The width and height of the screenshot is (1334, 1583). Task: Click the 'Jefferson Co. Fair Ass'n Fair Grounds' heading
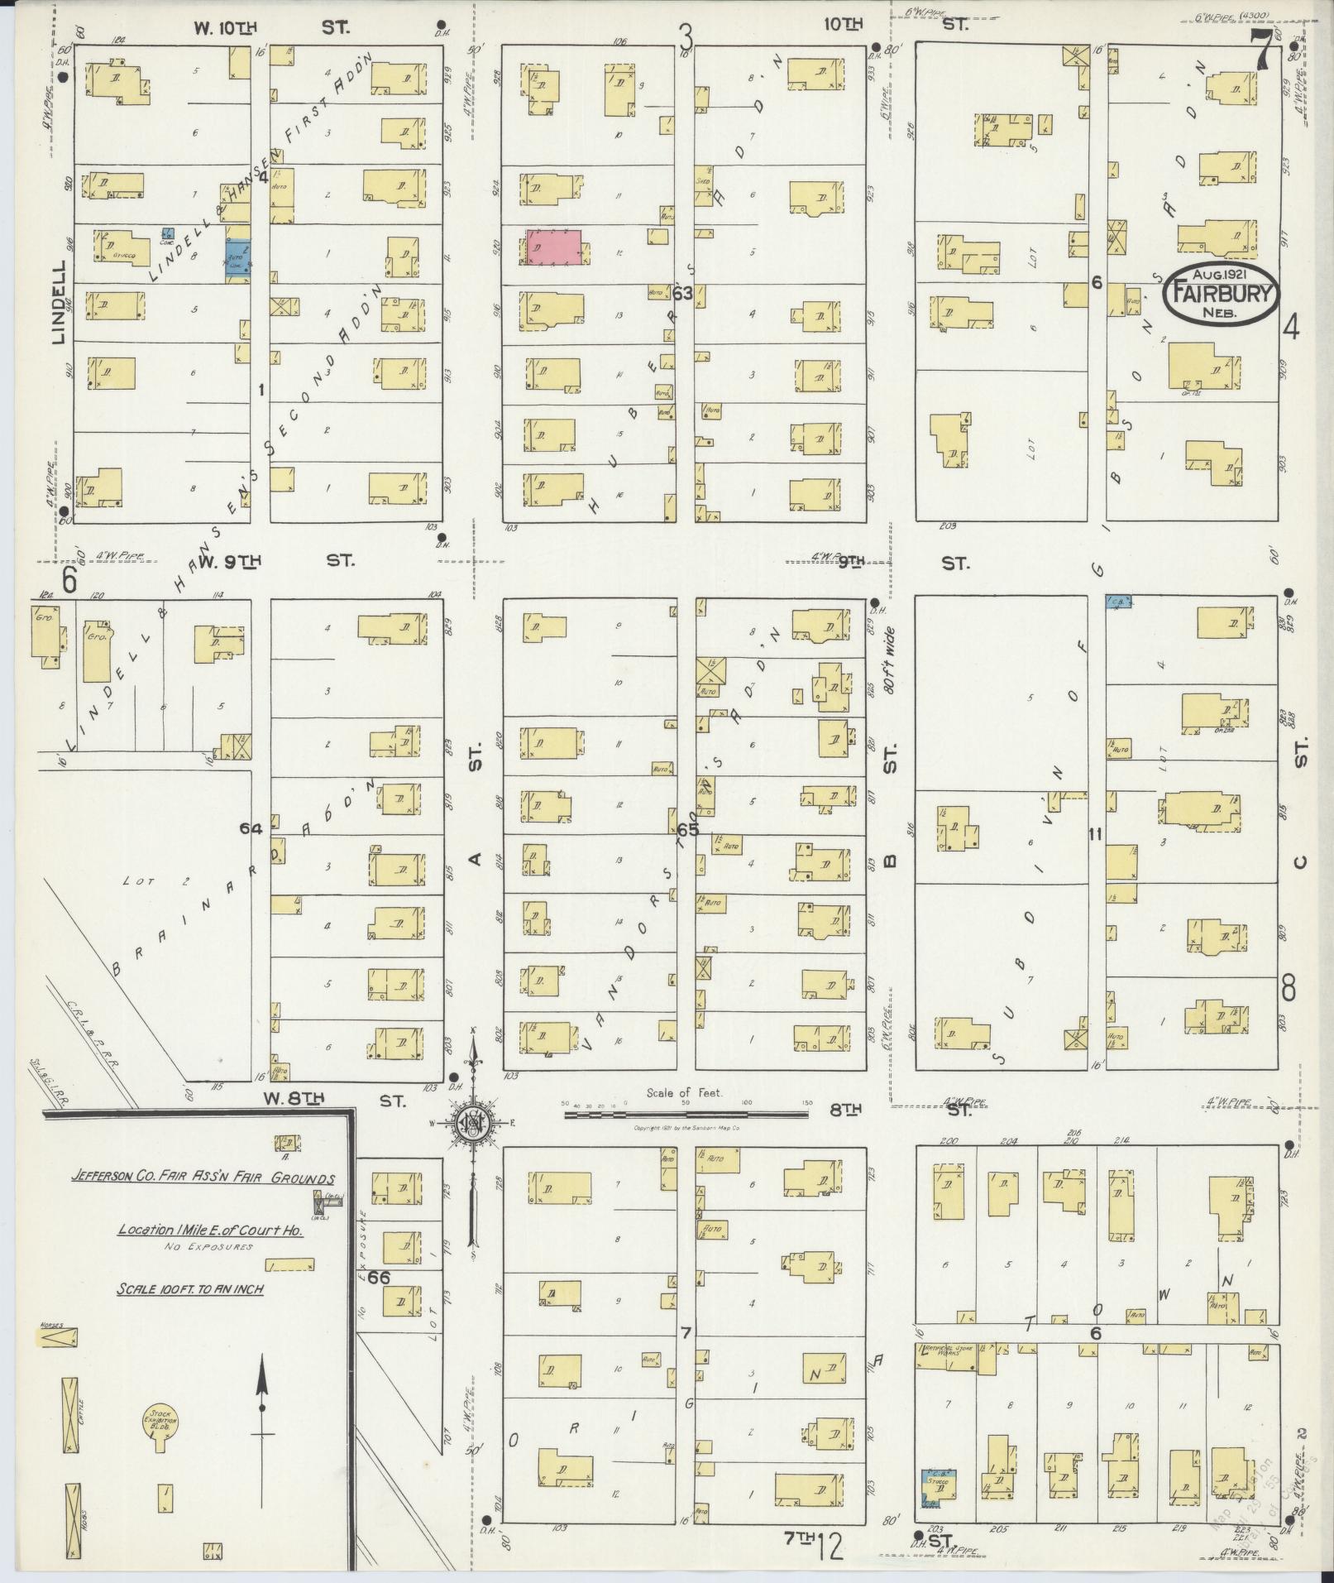[202, 1178]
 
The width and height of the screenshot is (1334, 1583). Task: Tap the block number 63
[682, 294]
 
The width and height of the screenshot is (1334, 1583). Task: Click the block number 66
[379, 1278]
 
